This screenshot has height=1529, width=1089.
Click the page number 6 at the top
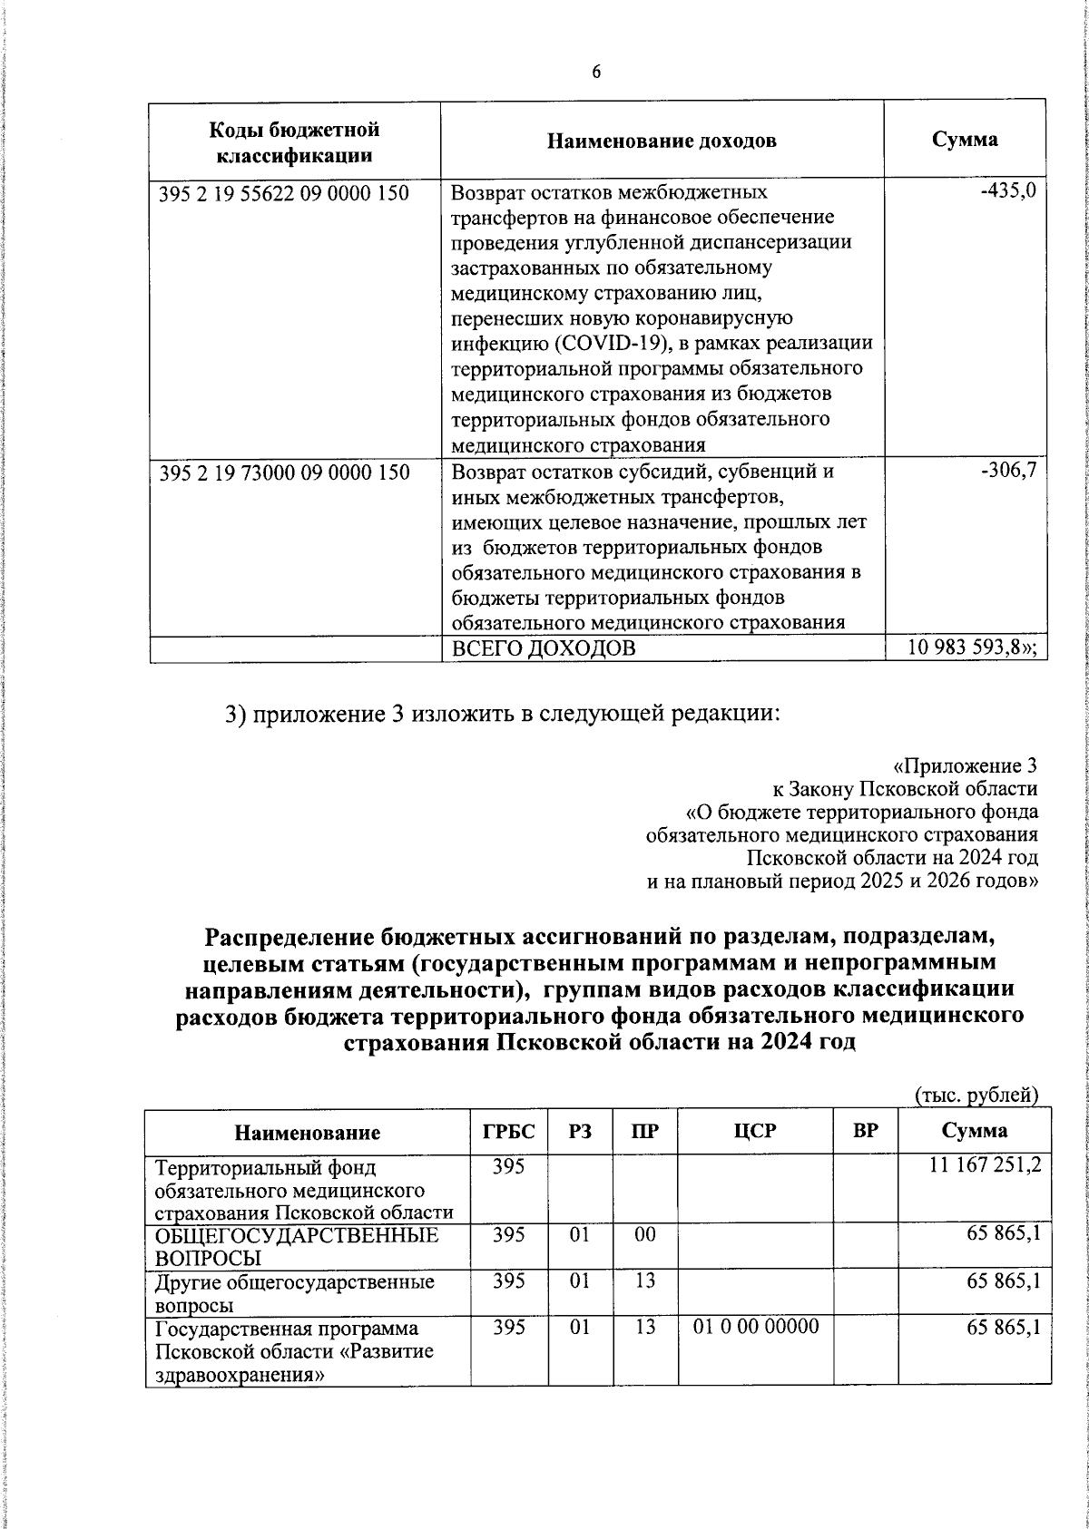coord(596,73)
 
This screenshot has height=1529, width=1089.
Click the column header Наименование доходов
coord(662,141)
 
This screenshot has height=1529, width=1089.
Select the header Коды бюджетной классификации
coord(295,141)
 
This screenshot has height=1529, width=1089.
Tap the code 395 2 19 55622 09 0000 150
coord(283,193)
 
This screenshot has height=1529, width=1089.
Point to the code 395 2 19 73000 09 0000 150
coord(283,472)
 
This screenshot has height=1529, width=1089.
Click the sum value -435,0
coord(1008,191)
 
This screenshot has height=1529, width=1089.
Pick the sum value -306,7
coord(1008,471)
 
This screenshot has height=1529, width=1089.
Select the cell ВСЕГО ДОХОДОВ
coord(544,648)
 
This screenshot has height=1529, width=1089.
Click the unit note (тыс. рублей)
coord(976,1096)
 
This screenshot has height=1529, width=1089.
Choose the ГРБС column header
coord(508,1131)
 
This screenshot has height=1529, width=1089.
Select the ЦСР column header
coord(757,1131)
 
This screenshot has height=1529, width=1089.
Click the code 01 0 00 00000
coord(756,1327)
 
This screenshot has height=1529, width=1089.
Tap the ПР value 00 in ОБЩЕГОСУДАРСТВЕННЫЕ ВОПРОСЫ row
coord(644,1235)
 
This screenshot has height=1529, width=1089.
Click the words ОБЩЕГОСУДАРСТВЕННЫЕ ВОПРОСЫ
coord(297,1246)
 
